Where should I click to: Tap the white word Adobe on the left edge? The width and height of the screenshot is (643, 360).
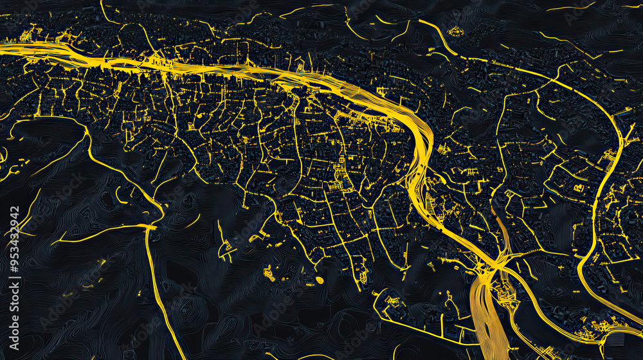click(x=15, y=334)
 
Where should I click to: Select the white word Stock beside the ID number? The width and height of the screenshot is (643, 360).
click(x=15, y=300)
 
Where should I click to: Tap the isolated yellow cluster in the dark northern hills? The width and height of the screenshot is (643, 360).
click(x=455, y=31)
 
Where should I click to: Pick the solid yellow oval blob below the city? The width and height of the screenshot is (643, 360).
click(x=320, y=280)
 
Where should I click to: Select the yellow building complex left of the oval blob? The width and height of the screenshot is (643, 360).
click(x=269, y=274)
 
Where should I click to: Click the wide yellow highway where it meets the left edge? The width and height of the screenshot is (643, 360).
click(x=5, y=47)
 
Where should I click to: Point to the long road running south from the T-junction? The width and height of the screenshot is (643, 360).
click(x=158, y=289)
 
